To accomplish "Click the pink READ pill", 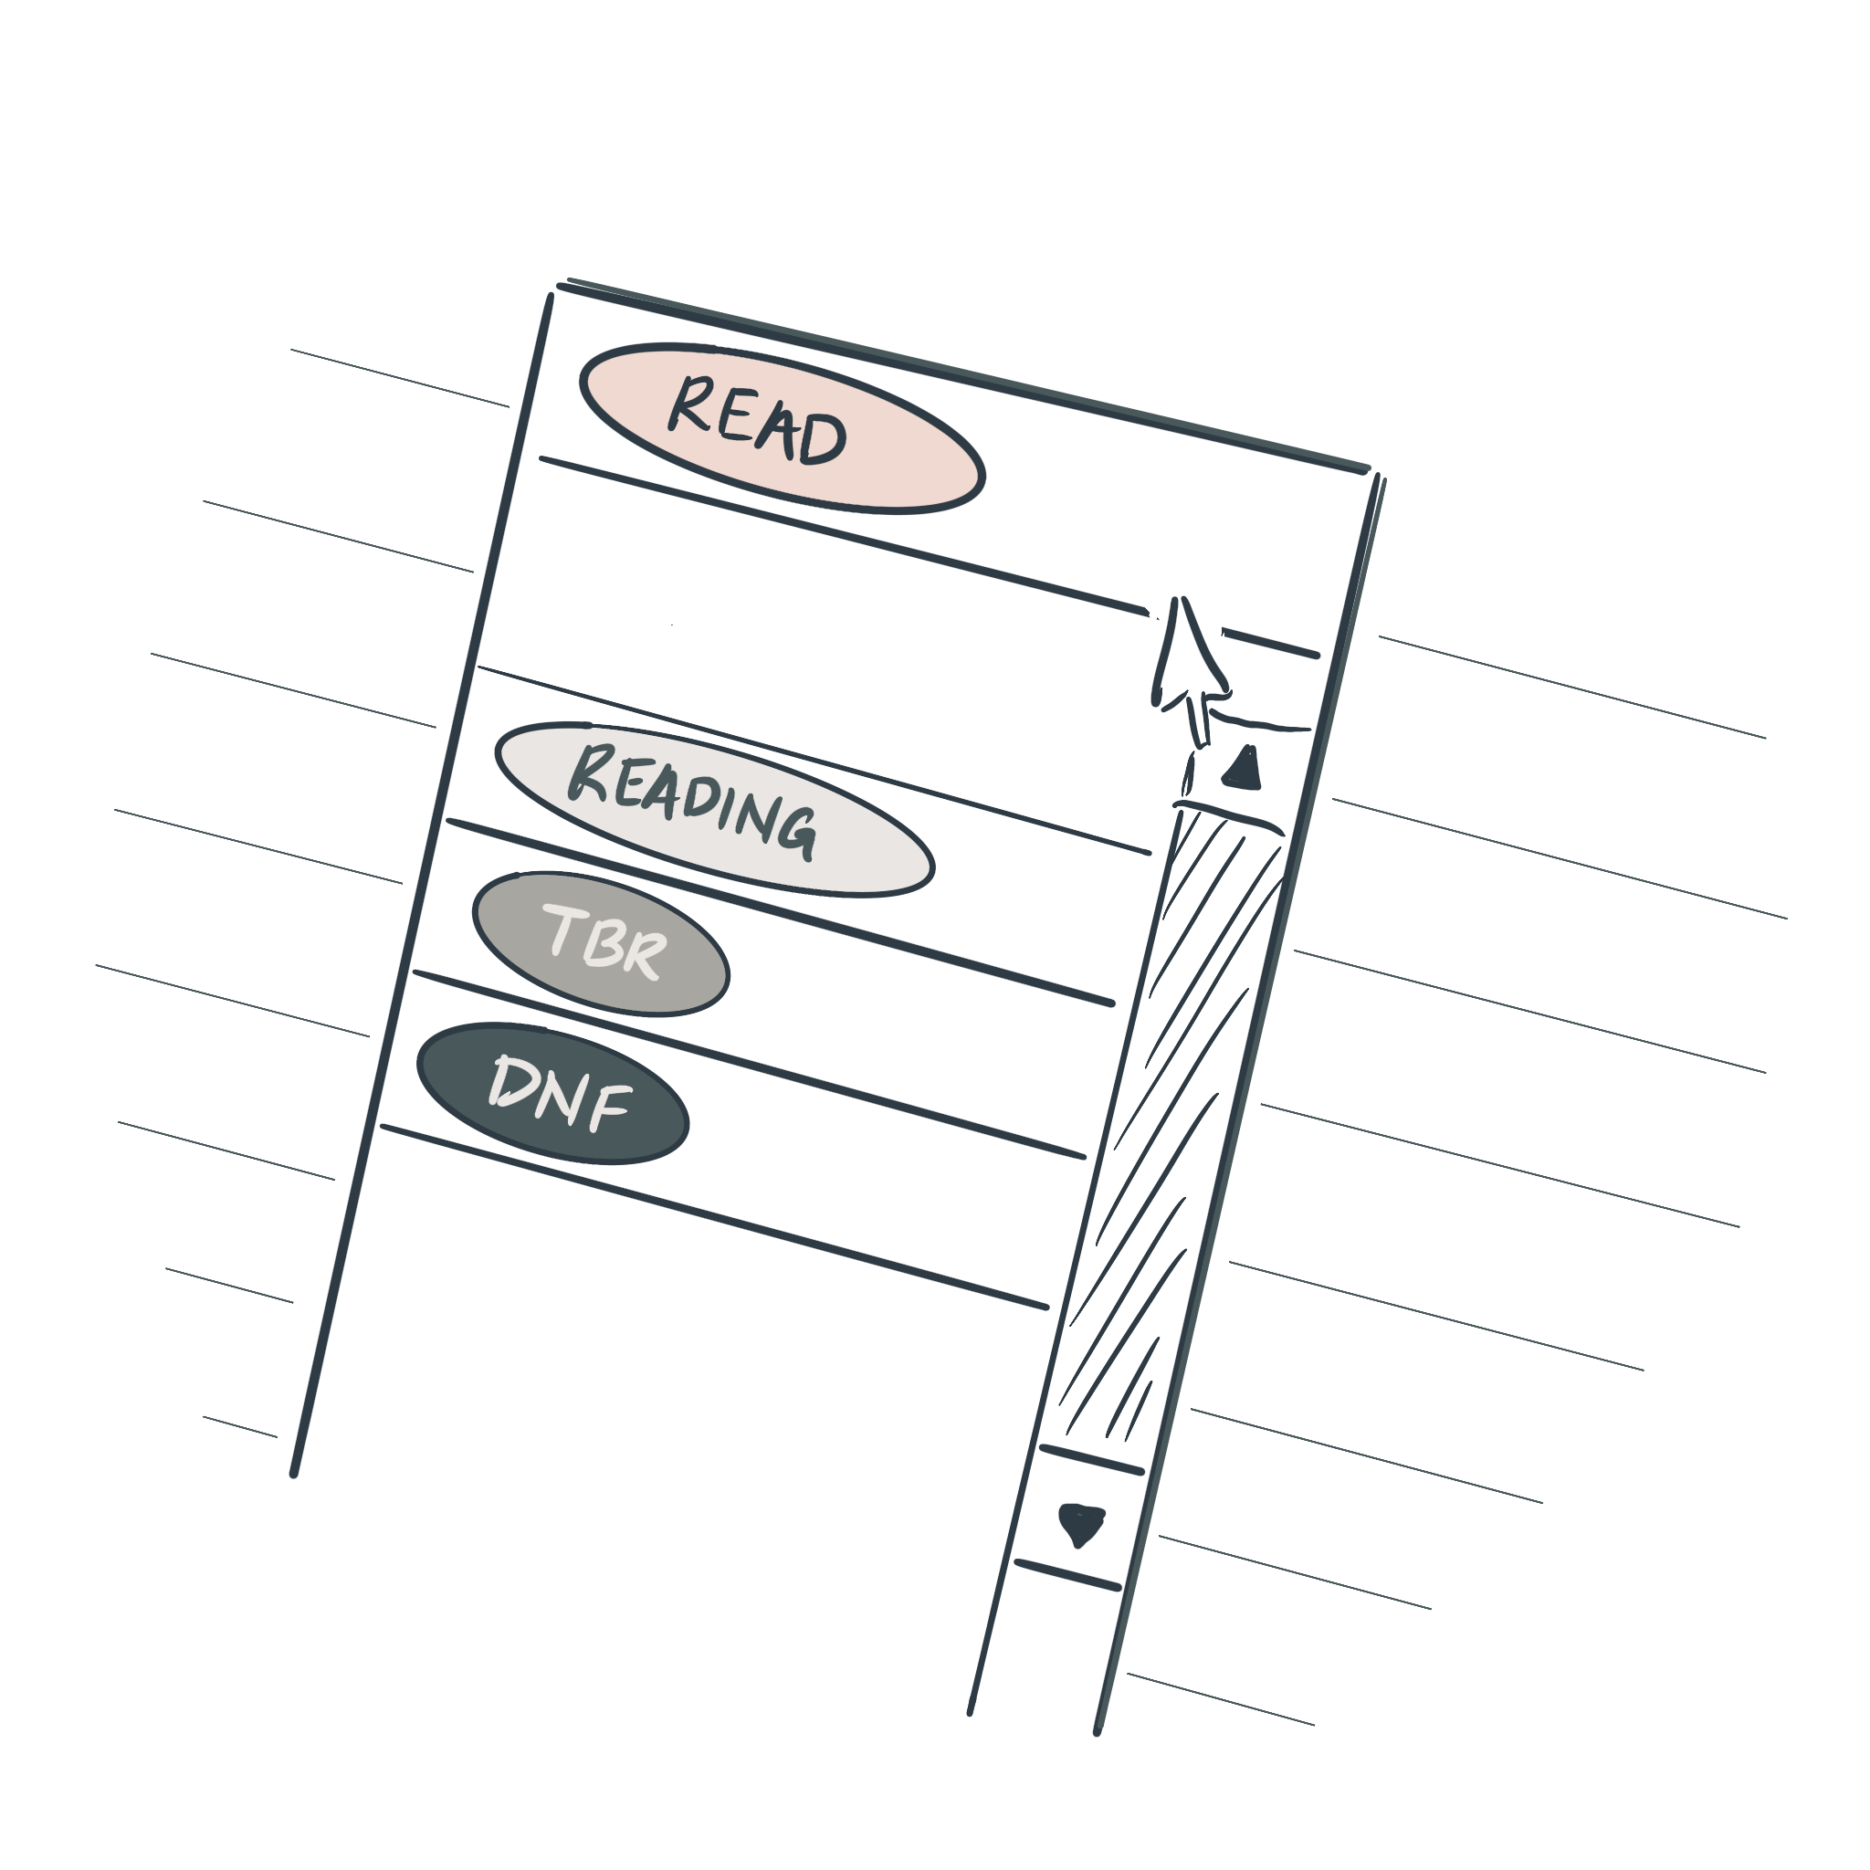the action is (783, 428).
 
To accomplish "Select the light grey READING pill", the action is (714, 809).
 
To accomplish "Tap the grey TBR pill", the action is (601, 945).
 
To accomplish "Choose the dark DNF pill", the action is (552, 1093).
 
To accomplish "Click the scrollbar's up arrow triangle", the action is (1243, 770).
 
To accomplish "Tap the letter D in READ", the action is (824, 438).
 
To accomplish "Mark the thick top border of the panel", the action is (964, 377).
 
